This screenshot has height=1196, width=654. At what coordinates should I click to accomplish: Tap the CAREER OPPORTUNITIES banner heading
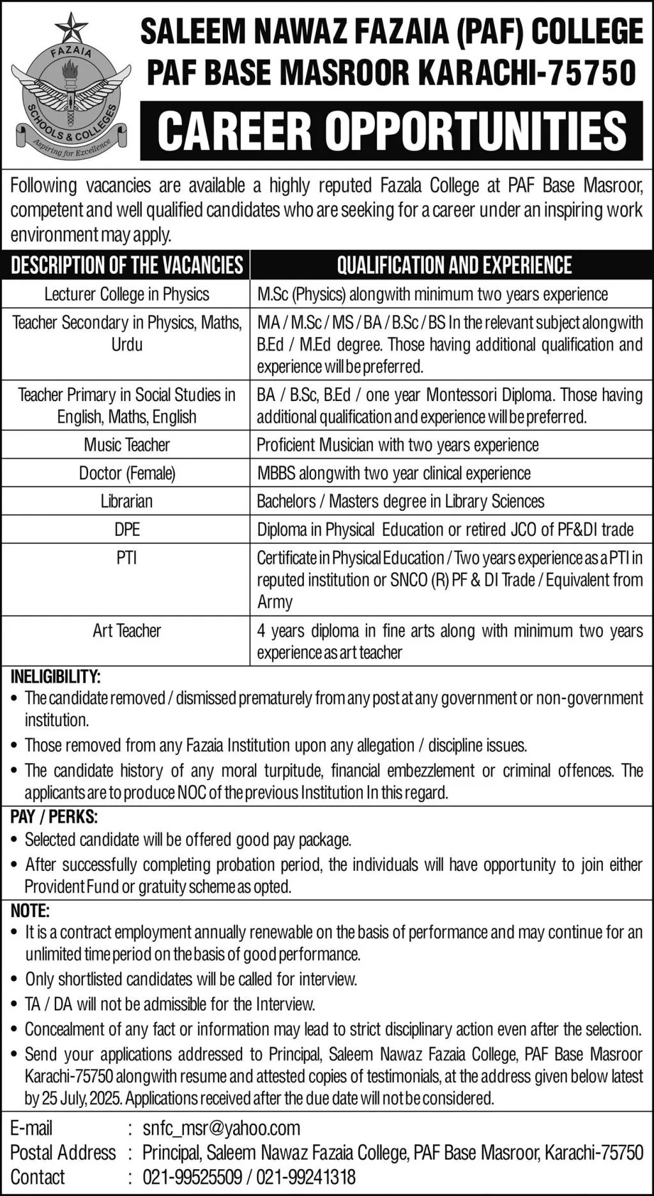[392, 131]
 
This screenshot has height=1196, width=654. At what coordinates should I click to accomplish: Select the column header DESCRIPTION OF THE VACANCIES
[126, 265]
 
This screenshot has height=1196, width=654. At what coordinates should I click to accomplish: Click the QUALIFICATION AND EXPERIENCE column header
[454, 265]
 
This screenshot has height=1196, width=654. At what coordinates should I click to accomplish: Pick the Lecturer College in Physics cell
[126, 294]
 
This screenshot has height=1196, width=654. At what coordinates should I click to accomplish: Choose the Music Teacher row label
[126, 445]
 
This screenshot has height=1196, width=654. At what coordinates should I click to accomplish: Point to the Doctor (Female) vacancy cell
[126, 473]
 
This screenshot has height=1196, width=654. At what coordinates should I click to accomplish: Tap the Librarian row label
[126, 501]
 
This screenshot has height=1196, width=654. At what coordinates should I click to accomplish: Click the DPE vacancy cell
[126, 529]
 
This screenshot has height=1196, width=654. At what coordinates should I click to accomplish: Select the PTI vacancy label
[126, 558]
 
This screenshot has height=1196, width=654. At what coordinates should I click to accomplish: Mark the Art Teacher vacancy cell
[126, 631]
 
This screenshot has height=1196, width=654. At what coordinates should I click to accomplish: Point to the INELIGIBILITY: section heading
[56, 676]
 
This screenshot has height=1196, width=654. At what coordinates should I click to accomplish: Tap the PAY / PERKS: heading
[54, 817]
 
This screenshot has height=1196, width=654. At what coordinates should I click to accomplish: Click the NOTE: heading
[30, 910]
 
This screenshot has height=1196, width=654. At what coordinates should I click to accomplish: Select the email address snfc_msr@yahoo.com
[221, 1128]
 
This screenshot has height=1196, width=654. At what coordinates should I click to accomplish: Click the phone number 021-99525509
[192, 1177]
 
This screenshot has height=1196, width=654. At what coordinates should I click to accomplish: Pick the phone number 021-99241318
[306, 1177]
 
